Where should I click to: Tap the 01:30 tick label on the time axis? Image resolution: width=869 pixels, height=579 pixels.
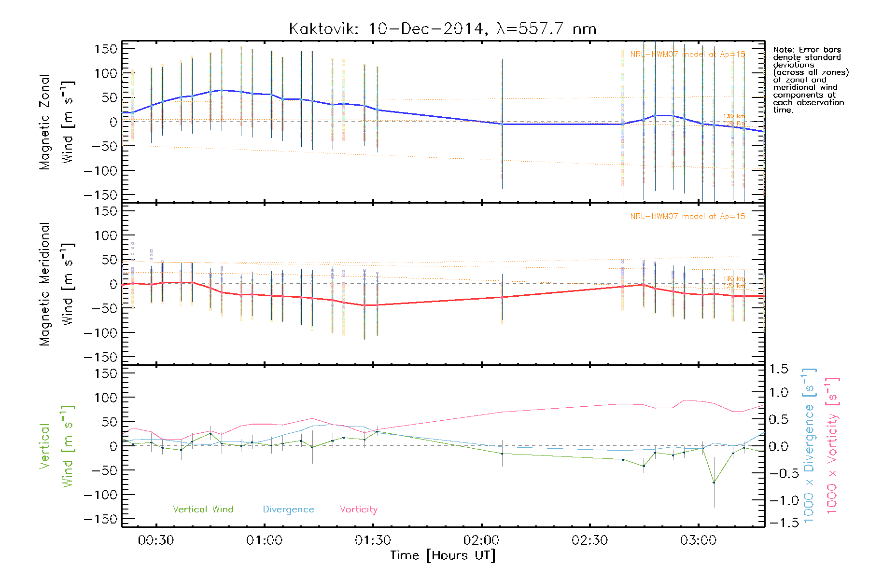tap(373, 540)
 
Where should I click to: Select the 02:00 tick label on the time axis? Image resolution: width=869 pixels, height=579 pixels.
tap(481, 540)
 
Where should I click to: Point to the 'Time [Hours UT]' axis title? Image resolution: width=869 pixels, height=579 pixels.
tap(443, 555)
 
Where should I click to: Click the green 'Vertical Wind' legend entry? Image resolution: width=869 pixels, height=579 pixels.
tap(203, 509)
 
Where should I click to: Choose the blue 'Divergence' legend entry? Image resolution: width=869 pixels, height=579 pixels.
tap(288, 510)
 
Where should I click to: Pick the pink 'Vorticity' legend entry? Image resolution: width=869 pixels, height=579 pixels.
tap(358, 509)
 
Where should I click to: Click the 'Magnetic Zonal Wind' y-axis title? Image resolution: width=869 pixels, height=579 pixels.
tap(56, 122)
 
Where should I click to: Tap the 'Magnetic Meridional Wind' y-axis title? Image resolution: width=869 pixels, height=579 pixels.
tap(56, 284)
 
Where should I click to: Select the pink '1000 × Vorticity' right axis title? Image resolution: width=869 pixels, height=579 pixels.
tap(832, 445)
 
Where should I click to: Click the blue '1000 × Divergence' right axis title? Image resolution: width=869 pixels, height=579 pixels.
tap(809, 445)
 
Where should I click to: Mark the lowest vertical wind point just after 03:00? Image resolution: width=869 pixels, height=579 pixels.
tap(714, 482)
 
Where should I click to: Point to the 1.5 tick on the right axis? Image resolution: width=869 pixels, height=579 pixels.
tap(779, 369)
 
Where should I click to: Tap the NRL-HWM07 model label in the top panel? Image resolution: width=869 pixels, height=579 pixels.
tap(687, 55)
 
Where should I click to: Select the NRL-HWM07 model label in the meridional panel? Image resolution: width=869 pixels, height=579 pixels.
tap(687, 217)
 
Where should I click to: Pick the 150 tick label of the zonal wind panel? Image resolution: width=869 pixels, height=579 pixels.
tap(106, 49)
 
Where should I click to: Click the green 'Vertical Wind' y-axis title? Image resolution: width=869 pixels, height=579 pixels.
tap(56, 446)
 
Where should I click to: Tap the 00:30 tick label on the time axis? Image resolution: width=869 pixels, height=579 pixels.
tap(155, 540)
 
